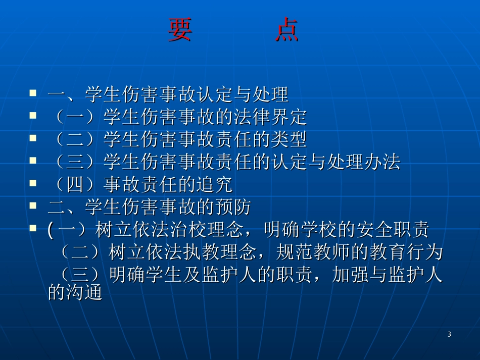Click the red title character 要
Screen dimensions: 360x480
click(180, 31)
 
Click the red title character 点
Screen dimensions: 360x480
click(287, 31)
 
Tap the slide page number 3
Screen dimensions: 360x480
click(449, 334)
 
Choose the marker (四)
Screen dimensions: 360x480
click(76, 185)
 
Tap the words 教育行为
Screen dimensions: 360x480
click(405, 252)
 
